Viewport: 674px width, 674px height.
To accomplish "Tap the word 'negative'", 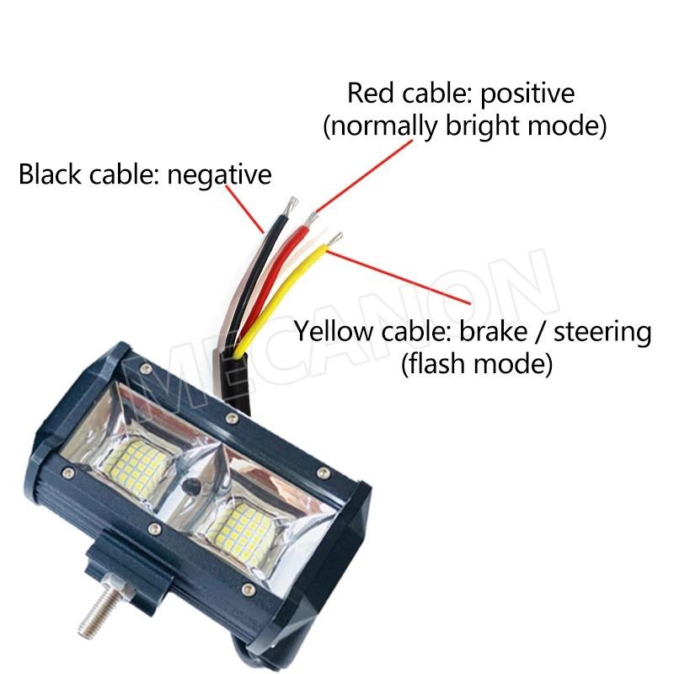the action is coord(220,175).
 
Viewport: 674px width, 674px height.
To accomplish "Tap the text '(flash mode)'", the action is coord(476,365).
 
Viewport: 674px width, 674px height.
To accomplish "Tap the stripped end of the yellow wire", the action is coord(335,239).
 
